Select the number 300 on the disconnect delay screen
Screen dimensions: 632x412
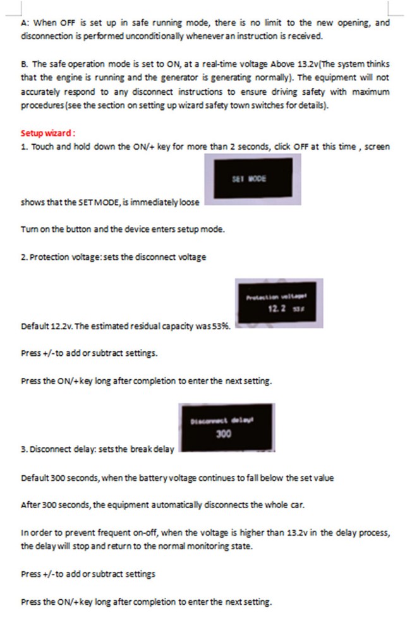pos(224,434)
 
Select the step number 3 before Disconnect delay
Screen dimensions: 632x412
pos(23,449)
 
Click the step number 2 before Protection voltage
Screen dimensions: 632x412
pos(23,257)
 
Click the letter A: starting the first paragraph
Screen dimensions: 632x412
pos(25,22)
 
